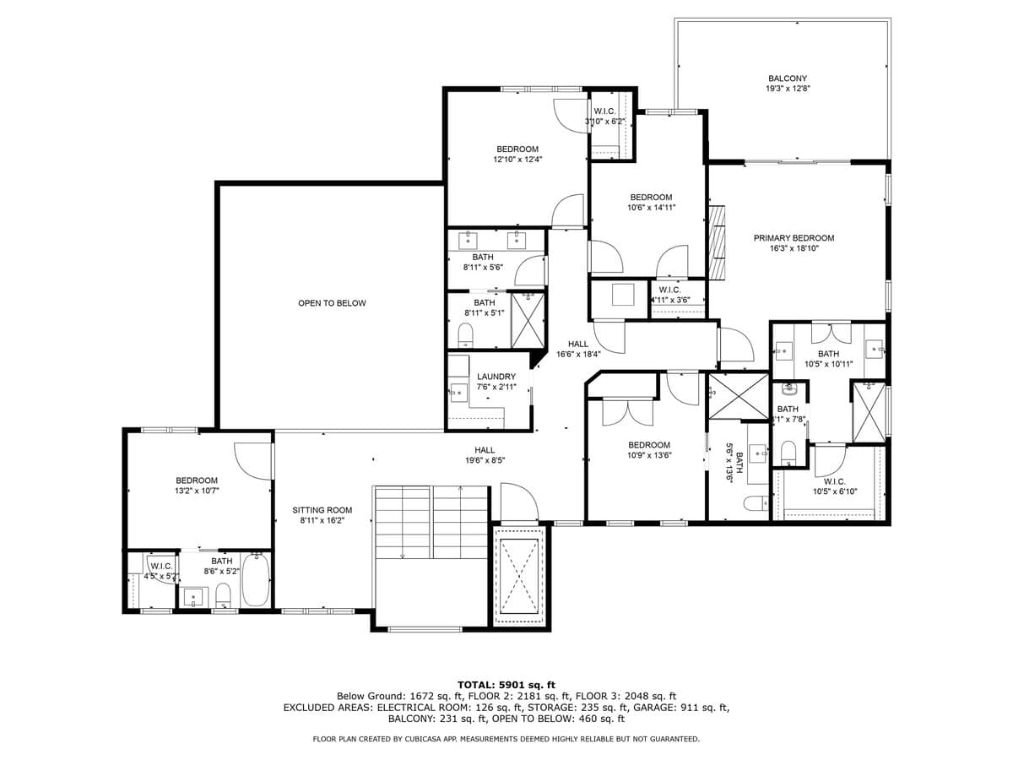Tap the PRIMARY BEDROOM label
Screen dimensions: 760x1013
[x=794, y=238]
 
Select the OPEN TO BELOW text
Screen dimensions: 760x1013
[x=332, y=303]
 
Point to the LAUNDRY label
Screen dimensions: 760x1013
[x=496, y=377]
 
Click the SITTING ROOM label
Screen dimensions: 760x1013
[x=322, y=510]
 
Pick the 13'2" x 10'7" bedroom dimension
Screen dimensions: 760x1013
[x=197, y=491]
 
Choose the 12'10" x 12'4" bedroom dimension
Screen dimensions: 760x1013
[x=517, y=159]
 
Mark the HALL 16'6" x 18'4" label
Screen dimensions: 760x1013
[x=578, y=349]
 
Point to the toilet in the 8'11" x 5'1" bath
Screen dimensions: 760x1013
[x=465, y=338]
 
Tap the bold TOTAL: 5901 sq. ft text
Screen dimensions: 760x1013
[x=506, y=684]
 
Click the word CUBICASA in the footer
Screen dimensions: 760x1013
[x=423, y=739]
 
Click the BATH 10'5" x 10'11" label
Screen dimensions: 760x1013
[x=828, y=359]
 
